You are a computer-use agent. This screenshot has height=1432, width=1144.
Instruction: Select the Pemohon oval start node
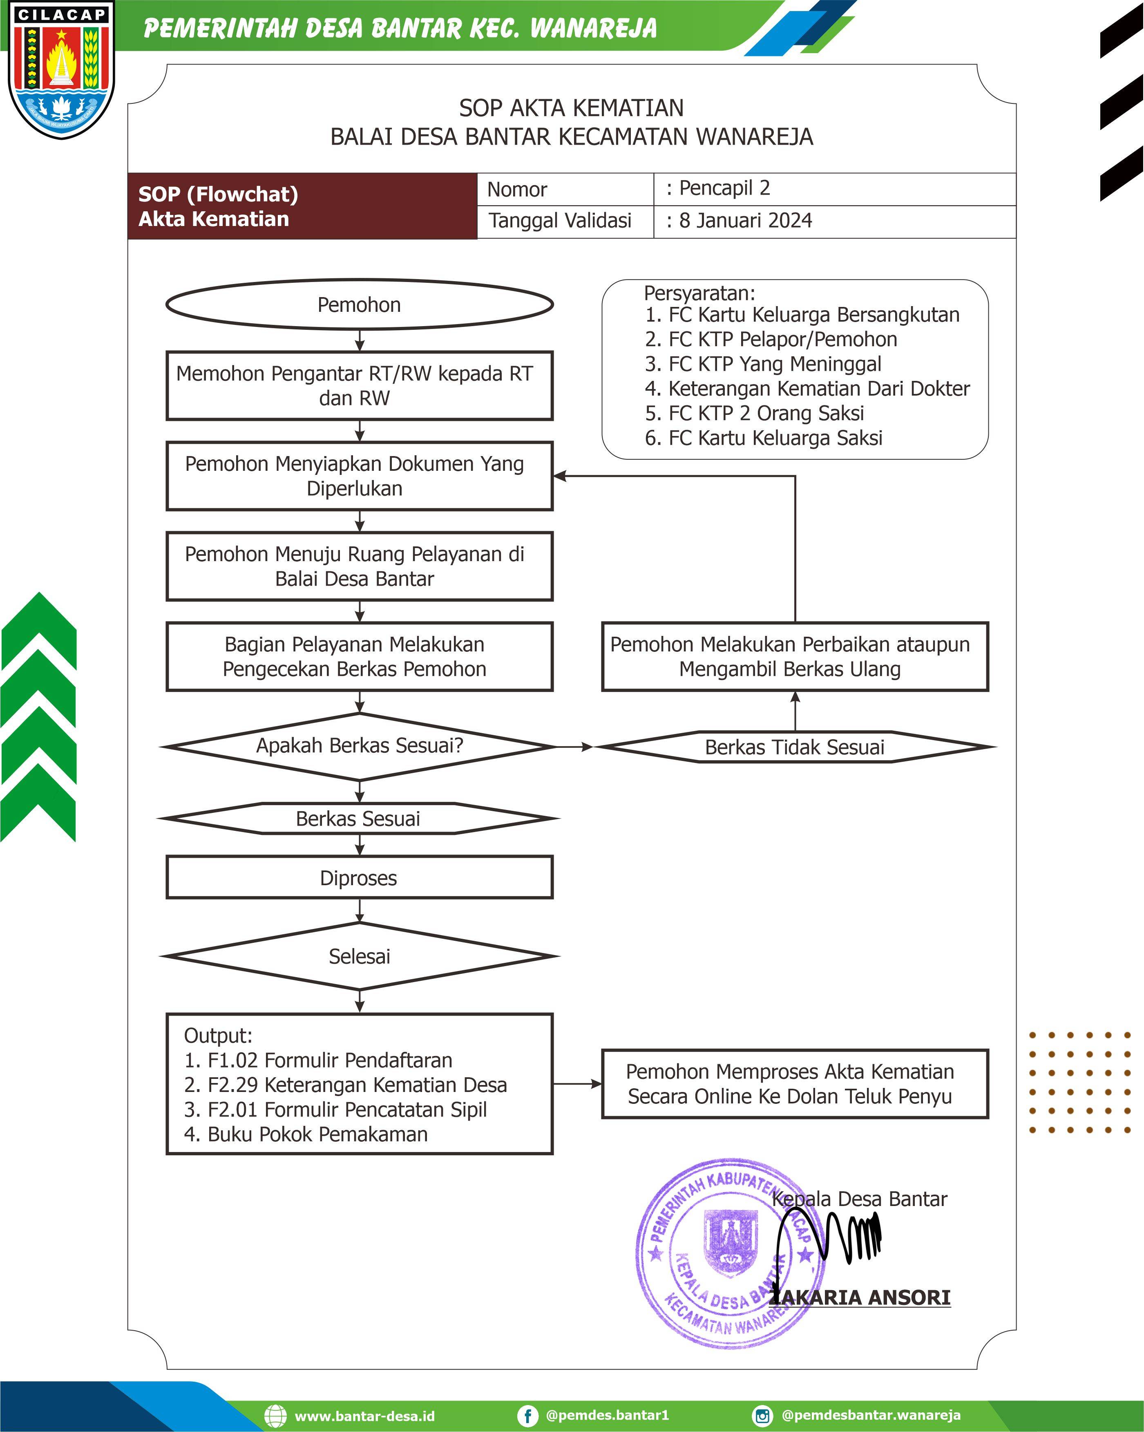[x=359, y=304]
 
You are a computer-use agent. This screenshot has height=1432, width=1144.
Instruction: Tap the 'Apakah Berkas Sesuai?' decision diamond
[x=359, y=747]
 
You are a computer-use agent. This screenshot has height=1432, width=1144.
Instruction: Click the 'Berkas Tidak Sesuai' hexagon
[x=795, y=747]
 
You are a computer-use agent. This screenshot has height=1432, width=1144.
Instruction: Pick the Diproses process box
[x=359, y=877]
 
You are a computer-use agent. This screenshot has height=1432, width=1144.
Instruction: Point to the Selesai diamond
[x=359, y=956]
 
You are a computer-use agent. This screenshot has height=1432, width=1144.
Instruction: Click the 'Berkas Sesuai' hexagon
[x=359, y=818]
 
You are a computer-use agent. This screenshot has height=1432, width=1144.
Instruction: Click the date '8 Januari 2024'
[x=745, y=221]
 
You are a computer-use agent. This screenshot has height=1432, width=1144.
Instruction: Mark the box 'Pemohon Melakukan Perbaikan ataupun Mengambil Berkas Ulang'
[x=795, y=656]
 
